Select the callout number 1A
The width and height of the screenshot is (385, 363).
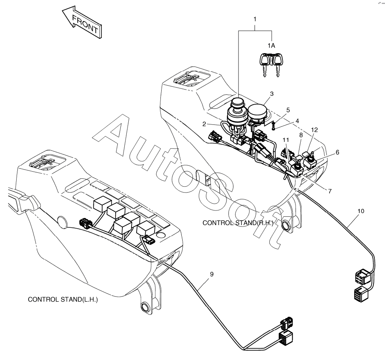tap(271, 46)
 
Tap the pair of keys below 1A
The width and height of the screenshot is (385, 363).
tap(271, 65)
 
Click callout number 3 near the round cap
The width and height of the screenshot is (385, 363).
tap(272, 94)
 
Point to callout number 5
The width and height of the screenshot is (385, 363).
tap(288, 110)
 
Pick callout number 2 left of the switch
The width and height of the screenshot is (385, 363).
tap(204, 124)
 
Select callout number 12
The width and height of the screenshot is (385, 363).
tap(314, 130)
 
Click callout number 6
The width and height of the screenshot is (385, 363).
tap(337, 152)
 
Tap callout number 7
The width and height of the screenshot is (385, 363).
tap(330, 191)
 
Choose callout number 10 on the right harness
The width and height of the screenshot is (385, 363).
tap(361, 211)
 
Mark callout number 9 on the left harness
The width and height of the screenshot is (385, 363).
tap(212, 274)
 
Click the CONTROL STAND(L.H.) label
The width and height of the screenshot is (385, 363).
tap(63, 300)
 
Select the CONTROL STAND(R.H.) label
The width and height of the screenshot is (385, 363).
tap(238, 223)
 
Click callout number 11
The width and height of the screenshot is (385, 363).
tap(286, 140)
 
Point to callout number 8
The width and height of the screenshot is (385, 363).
tap(301, 135)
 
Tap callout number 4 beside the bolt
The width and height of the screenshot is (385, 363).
tap(297, 121)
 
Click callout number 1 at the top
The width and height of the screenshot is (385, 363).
tap(255, 19)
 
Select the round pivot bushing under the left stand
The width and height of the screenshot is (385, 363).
tap(145, 307)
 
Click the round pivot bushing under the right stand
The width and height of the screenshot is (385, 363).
tap(286, 225)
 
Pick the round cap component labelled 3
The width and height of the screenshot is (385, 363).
tap(257, 112)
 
